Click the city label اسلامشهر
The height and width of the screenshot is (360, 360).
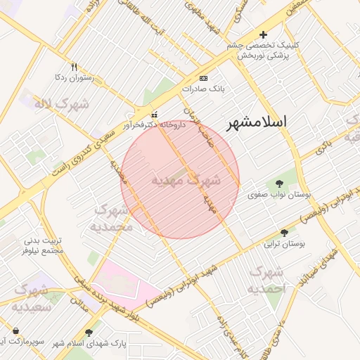(x=257, y=122)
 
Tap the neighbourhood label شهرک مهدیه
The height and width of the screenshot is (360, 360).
(x=186, y=180)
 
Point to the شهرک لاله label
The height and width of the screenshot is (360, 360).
(x=63, y=104)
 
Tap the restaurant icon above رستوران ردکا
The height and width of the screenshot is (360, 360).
(x=75, y=67)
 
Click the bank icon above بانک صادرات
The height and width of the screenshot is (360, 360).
(x=203, y=78)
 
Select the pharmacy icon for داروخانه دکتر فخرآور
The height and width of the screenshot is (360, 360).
(x=155, y=115)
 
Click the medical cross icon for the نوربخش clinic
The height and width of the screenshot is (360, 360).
(x=263, y=34)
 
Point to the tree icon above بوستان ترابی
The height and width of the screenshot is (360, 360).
(x=285, y=233)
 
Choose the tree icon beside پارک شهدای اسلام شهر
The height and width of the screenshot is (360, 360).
(x=89, y=333)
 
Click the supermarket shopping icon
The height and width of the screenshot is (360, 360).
(x=15, y=330)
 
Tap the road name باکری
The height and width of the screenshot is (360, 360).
(x=323, y=147)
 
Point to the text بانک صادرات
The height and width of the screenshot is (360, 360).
(x=202, y=89)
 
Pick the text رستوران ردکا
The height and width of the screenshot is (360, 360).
(x=75, y=78)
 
